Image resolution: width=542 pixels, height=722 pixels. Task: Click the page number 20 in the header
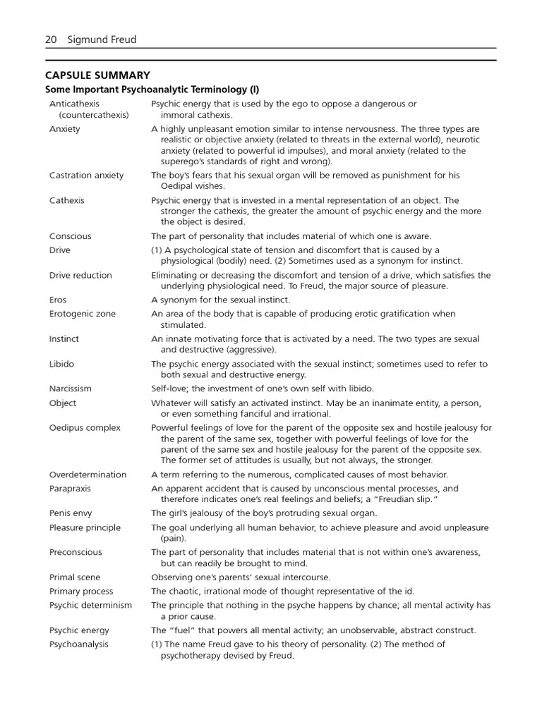(x=51, y=39)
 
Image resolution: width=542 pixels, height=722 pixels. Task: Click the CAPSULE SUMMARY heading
(x=97, y=75)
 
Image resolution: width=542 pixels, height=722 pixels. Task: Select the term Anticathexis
(x=74, y=104)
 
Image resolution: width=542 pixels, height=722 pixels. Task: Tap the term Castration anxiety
(x=86, y=175)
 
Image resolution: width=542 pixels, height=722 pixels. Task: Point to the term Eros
(x=58, y=300)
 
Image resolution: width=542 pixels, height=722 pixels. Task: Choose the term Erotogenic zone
(x=82, y=314)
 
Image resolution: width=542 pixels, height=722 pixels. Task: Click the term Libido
(x=61, y=364)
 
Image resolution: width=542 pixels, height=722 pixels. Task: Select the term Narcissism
(x=71, y=388)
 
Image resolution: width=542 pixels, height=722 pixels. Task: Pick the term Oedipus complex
(x=85, y=427)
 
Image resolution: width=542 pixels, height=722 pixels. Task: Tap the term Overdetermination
(x=88, y=475)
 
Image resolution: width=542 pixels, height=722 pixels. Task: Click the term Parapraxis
(x=70, y=488)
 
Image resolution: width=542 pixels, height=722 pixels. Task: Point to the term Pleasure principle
(x=85, y=527)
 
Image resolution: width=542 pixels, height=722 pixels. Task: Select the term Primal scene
(x=71, y=577)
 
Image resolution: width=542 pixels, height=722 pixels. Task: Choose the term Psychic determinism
(x=90, y=605)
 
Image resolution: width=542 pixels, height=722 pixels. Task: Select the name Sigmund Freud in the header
(x=102, y=39)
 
